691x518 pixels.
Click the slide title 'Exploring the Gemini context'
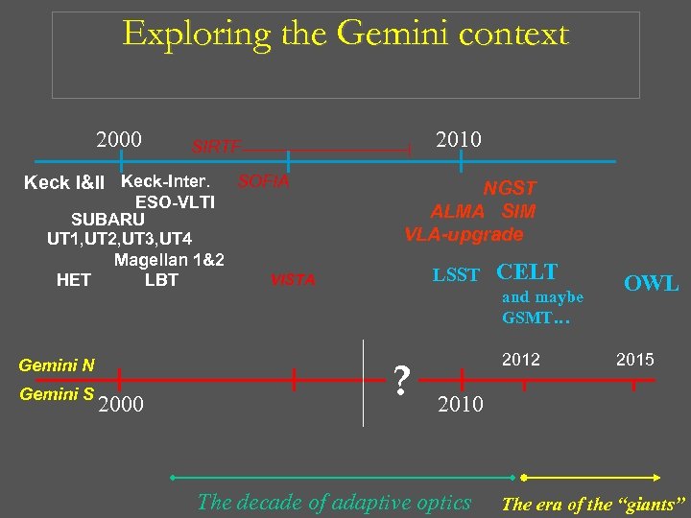pyautogui.click(x=345, y=35)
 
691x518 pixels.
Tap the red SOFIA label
pyautogui.click(x=264, y=181)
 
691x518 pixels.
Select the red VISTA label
pyautogui.click(x=293, y=281)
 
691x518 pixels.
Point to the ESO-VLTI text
pyautogui.click(x=175, y=202)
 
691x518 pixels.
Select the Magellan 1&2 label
pyautogui.click(x=169, y=260)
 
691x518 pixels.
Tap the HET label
pyautogui.click(x=74, y=280)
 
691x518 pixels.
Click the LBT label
pyautogui.click(x=161, y=280)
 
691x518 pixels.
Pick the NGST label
pyautogui.click(x=510, y=189)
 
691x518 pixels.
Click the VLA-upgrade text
pyautogui.click(x=464, y=234)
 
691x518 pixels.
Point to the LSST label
pyautogui.click(x=456, y=276)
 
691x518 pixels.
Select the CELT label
pyautogui.click(x=527, y=271)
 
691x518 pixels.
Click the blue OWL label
pyautogui.click(x=651, y=284)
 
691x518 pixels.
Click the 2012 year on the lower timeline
pyautogui.click(x=522, y=360)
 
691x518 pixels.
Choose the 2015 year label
pyautogui.click(x=634, y=360)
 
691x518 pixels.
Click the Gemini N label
pyautogui.click(x=57, y=365)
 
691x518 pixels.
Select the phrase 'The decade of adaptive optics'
pyautogui.click(x=334, y=502)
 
